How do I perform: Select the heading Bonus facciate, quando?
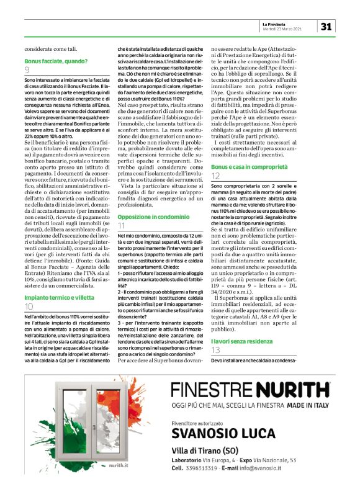(56, 61)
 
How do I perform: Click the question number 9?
(27, 71)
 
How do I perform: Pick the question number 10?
(29, 307)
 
